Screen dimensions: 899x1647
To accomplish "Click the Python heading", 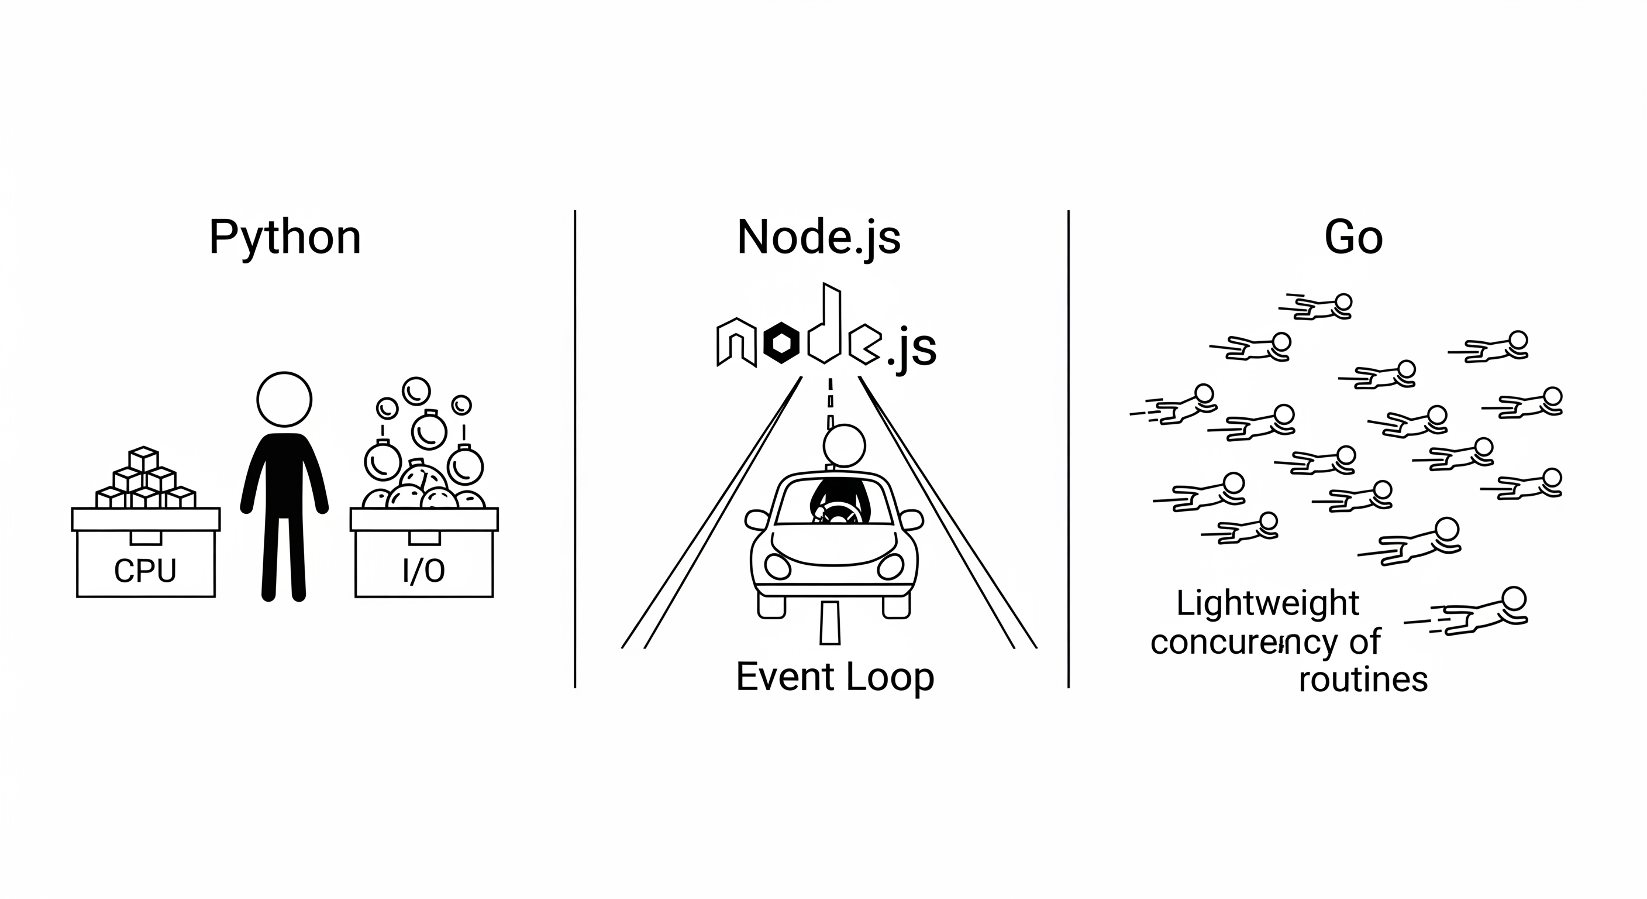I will pos(285,238).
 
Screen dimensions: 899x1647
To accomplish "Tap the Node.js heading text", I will pos(818,238).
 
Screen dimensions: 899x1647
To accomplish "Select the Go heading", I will pos(1353,238).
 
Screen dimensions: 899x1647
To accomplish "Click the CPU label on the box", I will pos(145,571).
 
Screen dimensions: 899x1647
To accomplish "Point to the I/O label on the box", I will pos(423,571).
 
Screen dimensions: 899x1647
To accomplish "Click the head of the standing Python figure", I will pos(284,399).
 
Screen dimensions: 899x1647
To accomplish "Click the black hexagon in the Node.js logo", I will pos(781,343).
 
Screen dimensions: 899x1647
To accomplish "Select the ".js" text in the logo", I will pos(912,349).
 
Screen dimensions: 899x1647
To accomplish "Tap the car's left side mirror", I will pos(756,520).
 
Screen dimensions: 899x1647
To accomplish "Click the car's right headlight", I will pos(891,565).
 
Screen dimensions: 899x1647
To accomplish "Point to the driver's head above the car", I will pos(844,445).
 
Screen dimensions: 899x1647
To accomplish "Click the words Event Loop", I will pos(835,677).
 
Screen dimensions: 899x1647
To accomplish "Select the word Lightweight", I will pos(1267,603).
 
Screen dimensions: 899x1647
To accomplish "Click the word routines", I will pos(1363,680).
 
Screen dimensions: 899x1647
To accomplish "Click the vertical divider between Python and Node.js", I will pos(575,448).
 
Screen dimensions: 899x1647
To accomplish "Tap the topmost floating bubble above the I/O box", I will pos(416,390).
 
